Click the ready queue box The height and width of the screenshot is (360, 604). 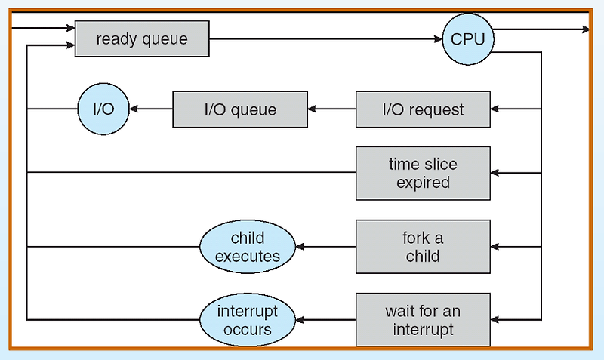(x=142, y=39)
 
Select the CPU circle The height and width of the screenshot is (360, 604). (x=468, y=39)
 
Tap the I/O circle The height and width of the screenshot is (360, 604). (x=103, y=109)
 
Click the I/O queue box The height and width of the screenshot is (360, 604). (x=240, y=109)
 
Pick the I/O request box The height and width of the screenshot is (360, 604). (x=423, y=109)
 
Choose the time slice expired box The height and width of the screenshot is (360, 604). (x=423, y=174)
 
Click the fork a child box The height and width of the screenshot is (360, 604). (x=423, y=247)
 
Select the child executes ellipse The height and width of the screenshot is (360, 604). (x=248, y=247)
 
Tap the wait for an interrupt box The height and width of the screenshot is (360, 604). (x=423, y=320)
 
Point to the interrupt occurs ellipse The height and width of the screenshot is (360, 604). (x=248, y=320)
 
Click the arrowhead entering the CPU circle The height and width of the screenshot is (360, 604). (x=438, y=39)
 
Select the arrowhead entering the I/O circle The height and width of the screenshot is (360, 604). (x=134, y=109)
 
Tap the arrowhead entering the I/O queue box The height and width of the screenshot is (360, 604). (x=312, y=109)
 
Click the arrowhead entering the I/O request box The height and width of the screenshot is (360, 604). (x=495, y=109)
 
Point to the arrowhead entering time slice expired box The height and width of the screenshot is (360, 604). (x=495, y=173)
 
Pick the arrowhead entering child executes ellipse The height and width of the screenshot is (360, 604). (x=300, y=247)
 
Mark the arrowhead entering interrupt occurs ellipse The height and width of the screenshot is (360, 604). (x=300, y=320)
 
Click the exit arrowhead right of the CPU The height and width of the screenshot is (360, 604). (x=586, y=29)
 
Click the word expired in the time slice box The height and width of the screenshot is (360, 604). (x=423, y=183)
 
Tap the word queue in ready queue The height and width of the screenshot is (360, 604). (x=166, y=40)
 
